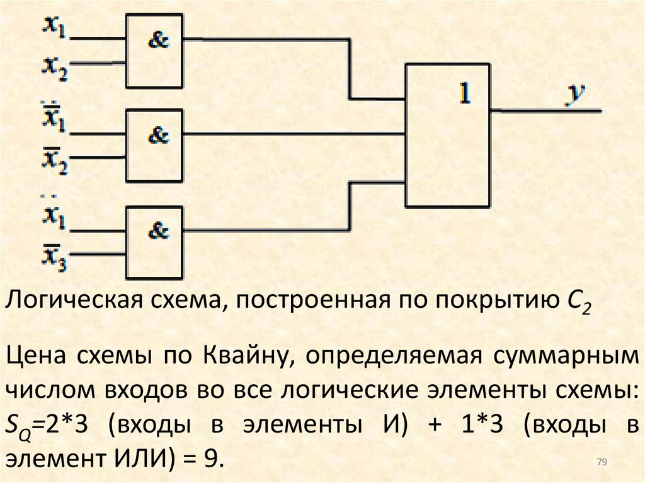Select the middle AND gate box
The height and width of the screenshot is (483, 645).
click(x=154, y=145)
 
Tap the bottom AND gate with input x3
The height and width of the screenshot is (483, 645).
click(x=154, y=242)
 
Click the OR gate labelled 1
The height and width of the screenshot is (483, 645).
click(x=447, y=135)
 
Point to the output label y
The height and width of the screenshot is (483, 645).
click(x=574, y=94)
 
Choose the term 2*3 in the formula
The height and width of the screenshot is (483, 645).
click(x=69, y=425)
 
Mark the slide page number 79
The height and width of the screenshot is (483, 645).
click(x=601, y=463)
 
